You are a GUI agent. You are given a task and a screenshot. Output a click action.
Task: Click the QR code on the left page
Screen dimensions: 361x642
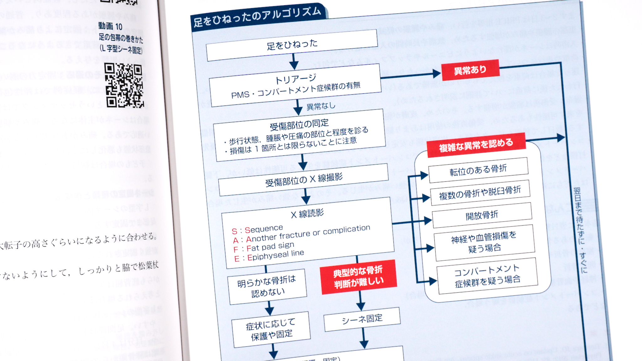[124, 85]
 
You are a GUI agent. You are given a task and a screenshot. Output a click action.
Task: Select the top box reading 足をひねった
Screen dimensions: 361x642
[292, 45]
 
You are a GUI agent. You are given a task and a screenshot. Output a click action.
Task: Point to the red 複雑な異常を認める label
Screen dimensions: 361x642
[476, 145]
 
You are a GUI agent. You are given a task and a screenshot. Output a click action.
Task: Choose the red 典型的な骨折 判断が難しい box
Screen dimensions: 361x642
[358, 277]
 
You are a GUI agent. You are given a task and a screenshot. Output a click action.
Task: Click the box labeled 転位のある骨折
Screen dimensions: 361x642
[478, 170]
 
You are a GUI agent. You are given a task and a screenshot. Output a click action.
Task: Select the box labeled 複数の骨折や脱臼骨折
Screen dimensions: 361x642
[480, 192]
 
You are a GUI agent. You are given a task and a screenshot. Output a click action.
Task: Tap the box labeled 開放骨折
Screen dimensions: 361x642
[482, 215]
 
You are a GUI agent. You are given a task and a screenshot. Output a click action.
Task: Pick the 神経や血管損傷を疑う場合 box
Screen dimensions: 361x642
[484, 242]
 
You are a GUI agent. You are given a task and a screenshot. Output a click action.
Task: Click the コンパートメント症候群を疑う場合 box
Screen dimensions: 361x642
[487, 275]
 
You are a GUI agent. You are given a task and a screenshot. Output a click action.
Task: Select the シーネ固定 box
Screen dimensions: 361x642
[362, 319]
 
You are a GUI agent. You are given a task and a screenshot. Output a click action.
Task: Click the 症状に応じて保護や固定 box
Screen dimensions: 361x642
[271, 329]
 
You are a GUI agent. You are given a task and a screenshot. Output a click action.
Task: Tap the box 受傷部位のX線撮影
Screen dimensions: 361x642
[303, 180]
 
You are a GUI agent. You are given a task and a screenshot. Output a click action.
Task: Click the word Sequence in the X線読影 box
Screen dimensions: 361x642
[264, 229]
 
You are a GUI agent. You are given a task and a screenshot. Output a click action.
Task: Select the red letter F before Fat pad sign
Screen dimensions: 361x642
[236, 249]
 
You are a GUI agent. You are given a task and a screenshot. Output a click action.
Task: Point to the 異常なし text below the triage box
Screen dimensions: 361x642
[320, 106]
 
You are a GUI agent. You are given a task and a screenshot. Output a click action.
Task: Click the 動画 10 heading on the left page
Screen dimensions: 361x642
[110, 26]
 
